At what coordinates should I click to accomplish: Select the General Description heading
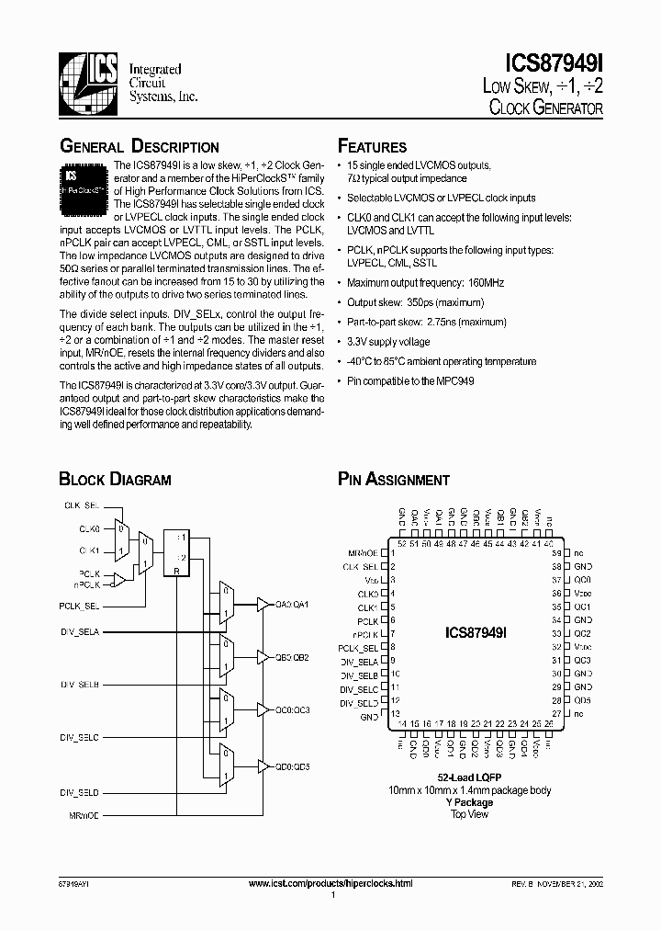[139, 147]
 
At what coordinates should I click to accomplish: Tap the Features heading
[372, 147]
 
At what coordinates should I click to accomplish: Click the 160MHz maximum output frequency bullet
[425, 283]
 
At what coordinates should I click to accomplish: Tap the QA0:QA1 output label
[292, 604]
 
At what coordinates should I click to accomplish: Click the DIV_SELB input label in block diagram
[80, 685]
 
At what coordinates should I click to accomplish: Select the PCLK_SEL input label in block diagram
[80, 607]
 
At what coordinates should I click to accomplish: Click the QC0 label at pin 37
[582, 580]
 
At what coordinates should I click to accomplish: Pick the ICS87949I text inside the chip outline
[482, 633]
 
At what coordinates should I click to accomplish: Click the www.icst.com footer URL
[330, 882]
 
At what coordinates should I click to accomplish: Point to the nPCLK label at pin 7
[365, 634]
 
